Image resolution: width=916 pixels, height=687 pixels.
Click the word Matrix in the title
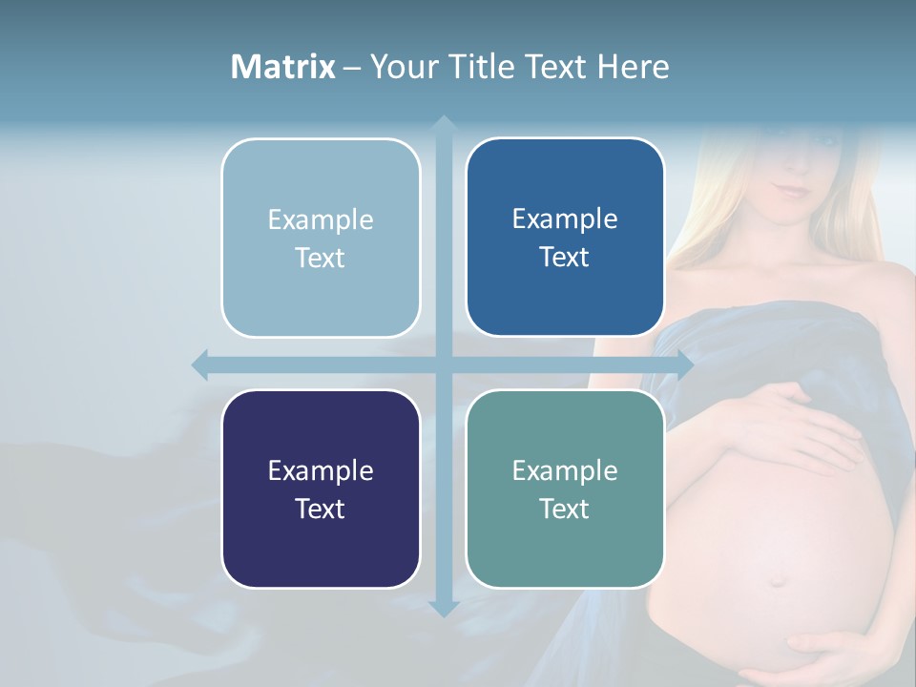coord(282,67)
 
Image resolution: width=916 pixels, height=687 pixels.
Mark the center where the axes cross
coord(443,364)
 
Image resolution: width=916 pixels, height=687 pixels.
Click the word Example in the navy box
coord(321,470)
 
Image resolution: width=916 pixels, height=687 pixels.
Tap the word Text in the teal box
coord(565,509)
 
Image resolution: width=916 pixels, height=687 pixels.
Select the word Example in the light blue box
coord(321,219)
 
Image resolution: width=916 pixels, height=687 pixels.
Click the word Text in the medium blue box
coord(565,257)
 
